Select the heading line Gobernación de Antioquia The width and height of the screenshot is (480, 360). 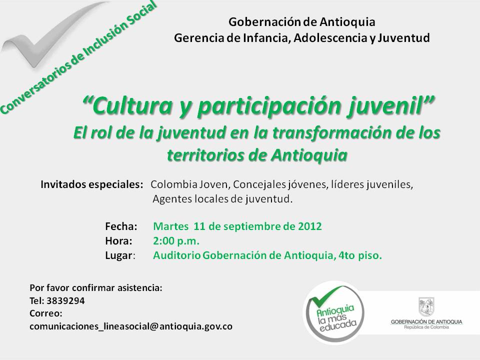(302, 22)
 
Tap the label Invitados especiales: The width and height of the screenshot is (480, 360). (92, 184)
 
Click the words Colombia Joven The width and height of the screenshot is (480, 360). (190, 184)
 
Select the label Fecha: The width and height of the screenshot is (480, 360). (121, 226)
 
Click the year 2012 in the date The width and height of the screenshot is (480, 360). (310, 226)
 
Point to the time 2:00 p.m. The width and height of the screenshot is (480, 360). (176, 241)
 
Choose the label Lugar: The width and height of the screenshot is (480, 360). (120, 255)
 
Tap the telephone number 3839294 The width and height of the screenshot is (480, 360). (65, 301)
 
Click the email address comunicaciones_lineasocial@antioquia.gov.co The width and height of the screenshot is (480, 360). (131, 326)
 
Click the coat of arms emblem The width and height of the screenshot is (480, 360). (426, 306)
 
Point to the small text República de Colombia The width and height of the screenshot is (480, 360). (426, 327)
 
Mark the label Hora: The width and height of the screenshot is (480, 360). (119, 241)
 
